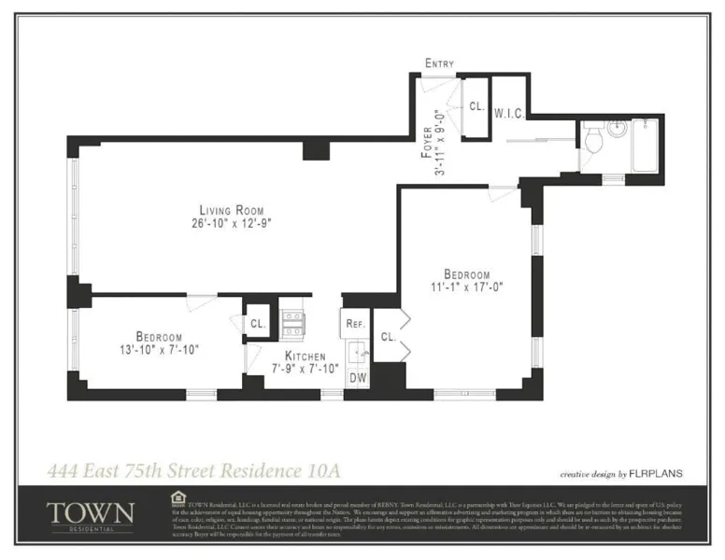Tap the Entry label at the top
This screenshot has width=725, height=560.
point(439,63)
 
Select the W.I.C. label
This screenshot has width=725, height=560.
point(507,112)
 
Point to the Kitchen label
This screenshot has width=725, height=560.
point(306,357)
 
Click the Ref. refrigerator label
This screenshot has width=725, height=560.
point(354,324)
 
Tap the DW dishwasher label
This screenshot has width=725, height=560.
point(357,377)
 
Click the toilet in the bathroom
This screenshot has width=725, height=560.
point(593,141)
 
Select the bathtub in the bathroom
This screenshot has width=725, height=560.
point(645,145)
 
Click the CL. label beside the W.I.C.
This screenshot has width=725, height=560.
point(476,107)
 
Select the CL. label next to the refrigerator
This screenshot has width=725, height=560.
point(388,336)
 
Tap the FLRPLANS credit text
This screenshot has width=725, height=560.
point(658,473)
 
